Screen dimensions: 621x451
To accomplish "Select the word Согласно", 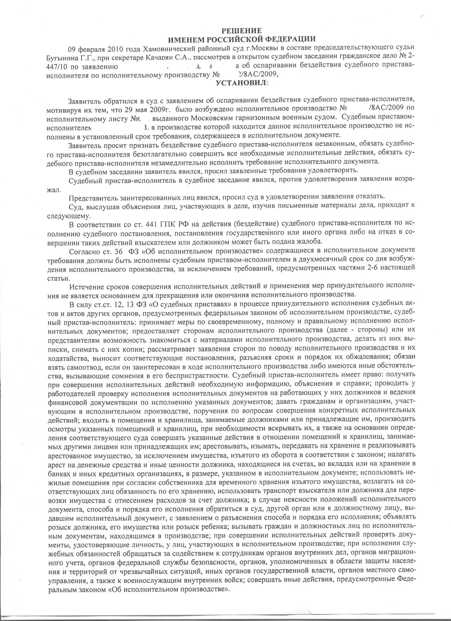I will point(84,251).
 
